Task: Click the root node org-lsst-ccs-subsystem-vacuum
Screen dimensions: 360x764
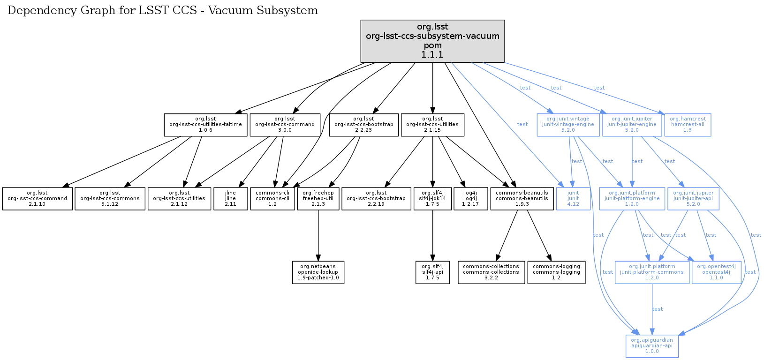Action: [432, 41]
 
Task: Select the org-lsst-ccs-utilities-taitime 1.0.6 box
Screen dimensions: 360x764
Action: [205, 125]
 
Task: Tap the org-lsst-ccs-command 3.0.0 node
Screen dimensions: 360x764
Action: [285, 125]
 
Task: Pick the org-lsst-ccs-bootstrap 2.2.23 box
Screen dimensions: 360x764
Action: [363, 125]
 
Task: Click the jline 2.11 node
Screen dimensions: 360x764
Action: [230, 199]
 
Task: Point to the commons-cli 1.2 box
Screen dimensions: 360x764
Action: [272, 199]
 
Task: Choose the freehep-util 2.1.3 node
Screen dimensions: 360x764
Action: [318, 199]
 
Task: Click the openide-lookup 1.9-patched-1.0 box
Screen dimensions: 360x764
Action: [318, 272]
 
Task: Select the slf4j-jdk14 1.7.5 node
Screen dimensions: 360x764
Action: [432, 199]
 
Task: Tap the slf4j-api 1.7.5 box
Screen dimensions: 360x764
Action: [432, 272]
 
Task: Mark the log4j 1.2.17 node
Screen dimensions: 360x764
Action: [470, 199]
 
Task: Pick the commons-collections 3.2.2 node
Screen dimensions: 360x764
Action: [491, 272]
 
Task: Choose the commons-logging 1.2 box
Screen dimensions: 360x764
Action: [556, 272]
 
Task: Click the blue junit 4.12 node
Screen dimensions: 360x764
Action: [573, 199]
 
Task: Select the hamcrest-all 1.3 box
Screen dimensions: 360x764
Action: [688, 125]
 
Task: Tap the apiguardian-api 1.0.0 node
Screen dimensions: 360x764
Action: [652, 346]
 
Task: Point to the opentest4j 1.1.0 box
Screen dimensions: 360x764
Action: [716, 272]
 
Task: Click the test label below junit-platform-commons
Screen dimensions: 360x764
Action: [658, 309]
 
